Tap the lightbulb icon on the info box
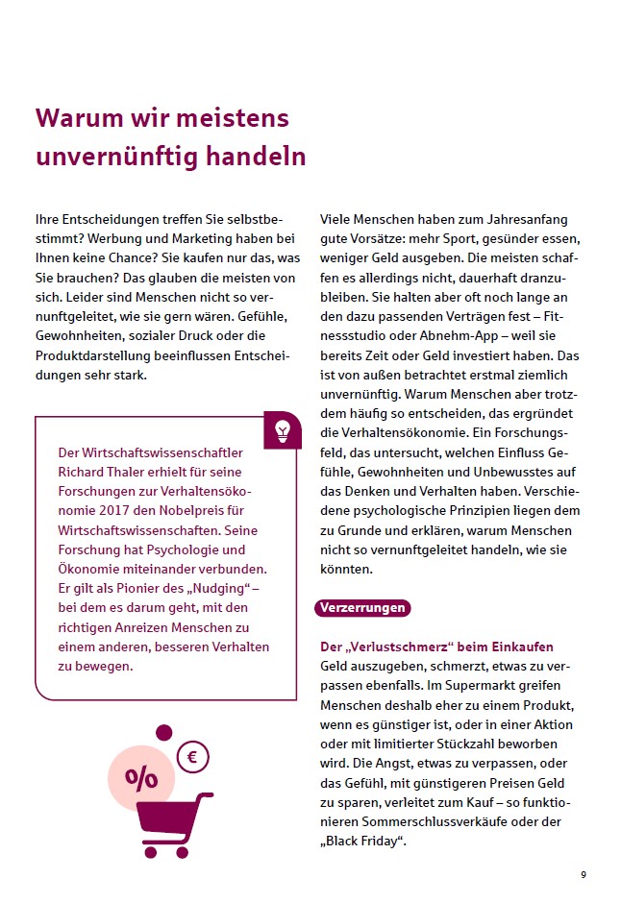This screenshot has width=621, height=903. tap(282, 427)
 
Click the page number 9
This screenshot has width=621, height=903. tap(583, 874)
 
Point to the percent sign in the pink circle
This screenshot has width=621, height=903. tap(141, 777)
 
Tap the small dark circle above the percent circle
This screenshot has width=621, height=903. tap(164, 732)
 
